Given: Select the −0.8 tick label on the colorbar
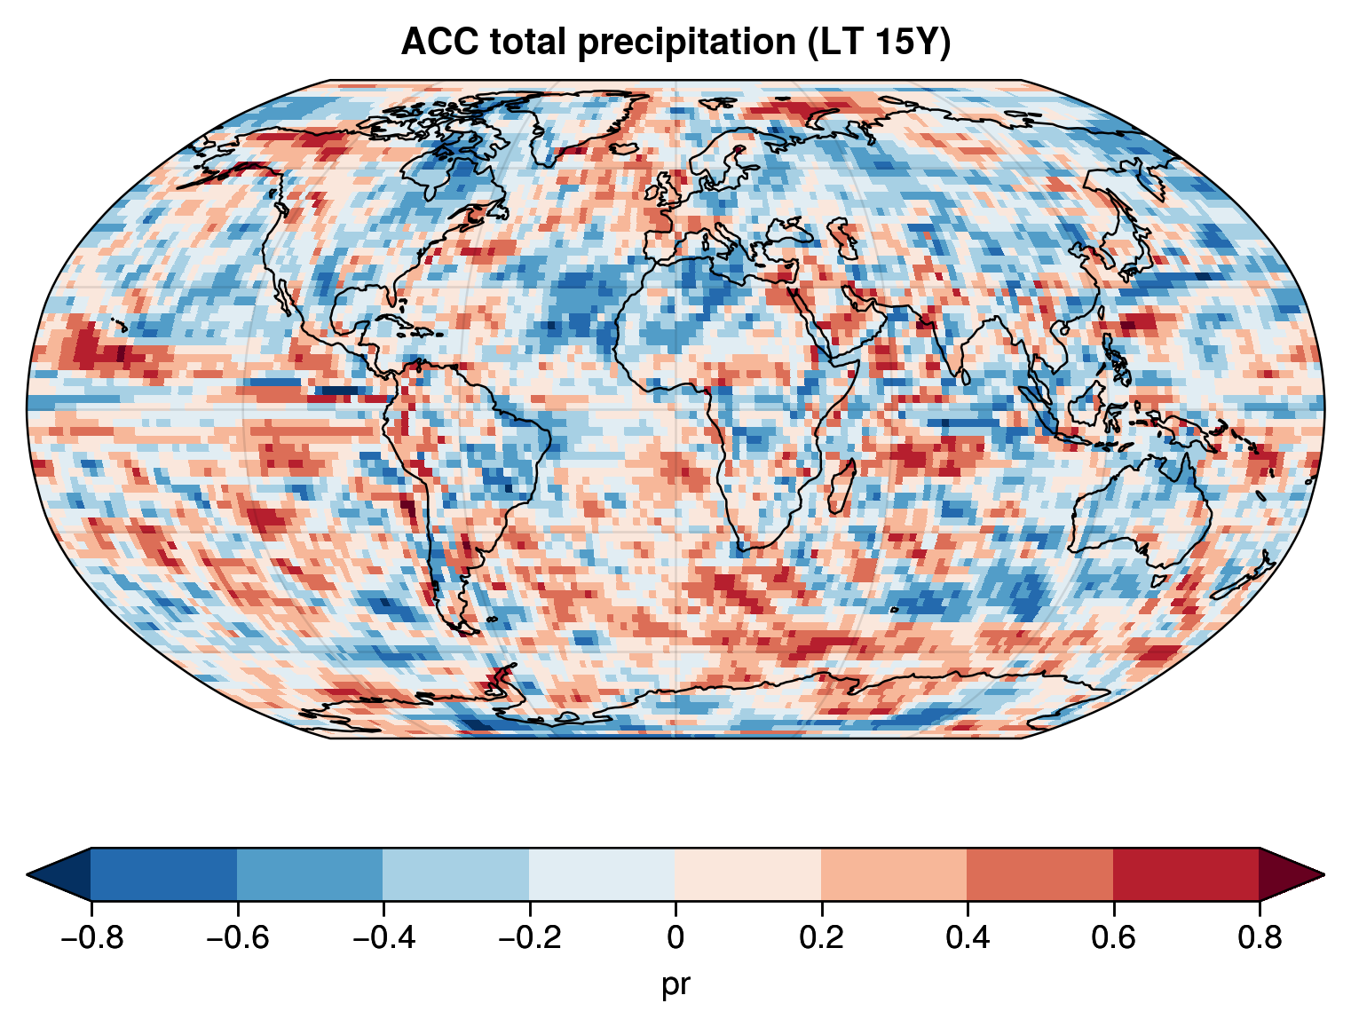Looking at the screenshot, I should pyautogui.click(x=91, y=938).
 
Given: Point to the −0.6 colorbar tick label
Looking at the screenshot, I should pyautogui.click(x=237, y=938).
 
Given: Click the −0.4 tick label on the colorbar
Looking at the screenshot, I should pyautogui.click(x=383, y=938).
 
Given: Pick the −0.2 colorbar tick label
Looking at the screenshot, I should pyautogui.click(x=529, y=938).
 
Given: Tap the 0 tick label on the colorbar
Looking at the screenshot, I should pyautogui.click(x=675, y=938).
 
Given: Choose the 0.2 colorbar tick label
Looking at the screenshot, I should pyautogui.click(x=821, y=938).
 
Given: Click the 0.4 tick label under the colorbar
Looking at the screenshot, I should pyautogui.click(x=968, y=938).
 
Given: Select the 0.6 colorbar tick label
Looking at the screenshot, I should pyautogui.click(x=1113, y=938).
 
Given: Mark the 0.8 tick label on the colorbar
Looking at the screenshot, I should pyautogui.click(x=1259, y=938).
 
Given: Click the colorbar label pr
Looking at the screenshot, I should pyautogui.click(x=675, y=984).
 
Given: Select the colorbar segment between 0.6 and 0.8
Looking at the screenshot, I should pyautogui.click(x=1186, y=874).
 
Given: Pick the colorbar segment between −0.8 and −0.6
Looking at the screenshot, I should pyautogui.click(x=164, y=874).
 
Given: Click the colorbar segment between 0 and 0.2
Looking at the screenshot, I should pyautogui.click(x=748, y=874).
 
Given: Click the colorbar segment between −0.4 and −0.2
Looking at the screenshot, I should pyautogui.click(x=456, y=874).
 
